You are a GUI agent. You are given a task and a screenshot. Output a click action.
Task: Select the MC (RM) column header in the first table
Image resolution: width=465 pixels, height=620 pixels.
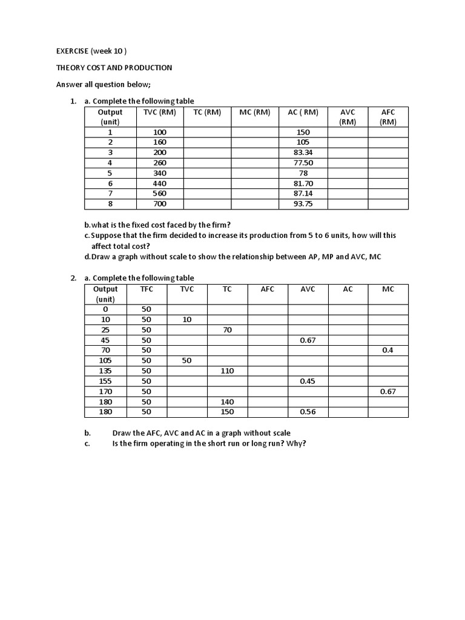coord(254,112)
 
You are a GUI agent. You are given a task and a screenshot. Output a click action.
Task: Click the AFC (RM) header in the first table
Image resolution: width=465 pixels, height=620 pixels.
coord(387,116)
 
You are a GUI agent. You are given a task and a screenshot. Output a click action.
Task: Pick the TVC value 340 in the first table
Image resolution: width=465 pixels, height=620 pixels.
coord(159,173)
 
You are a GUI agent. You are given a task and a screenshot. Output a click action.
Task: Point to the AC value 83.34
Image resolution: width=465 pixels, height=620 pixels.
coord(302,153)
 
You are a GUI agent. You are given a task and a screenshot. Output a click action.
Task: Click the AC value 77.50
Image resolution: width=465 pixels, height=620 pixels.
coord(302,163)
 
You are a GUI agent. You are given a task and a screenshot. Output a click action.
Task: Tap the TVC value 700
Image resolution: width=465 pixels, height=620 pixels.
coord(159,204)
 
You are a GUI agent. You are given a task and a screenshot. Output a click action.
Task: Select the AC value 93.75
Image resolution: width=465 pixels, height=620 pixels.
coord(302,204)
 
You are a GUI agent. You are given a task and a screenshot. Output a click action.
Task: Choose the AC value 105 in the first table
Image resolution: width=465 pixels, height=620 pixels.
coord(302,142)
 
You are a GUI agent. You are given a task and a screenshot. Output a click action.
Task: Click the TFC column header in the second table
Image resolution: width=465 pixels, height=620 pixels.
coord(147,289)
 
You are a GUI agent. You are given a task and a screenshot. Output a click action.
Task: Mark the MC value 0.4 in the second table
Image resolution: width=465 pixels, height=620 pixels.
coord(387,351)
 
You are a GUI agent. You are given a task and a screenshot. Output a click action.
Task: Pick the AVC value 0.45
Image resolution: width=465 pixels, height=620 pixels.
coord(308,381)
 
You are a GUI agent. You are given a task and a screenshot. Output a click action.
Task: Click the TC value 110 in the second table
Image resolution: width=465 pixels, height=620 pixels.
coord(227,371)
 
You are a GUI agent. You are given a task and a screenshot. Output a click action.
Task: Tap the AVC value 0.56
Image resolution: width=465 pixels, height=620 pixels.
coord(308,412)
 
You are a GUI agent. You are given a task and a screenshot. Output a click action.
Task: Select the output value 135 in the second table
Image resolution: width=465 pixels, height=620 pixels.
coord(105,371)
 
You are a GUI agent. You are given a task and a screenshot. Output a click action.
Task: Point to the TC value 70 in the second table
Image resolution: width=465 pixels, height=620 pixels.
coord(227,330)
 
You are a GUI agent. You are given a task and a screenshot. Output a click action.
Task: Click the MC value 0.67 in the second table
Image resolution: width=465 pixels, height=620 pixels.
coord(387,392)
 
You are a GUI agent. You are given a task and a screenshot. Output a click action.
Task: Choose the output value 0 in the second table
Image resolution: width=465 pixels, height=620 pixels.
coord(105,309)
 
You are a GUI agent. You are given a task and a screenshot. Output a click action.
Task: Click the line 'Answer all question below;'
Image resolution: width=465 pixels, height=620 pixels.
coord(104,85)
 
